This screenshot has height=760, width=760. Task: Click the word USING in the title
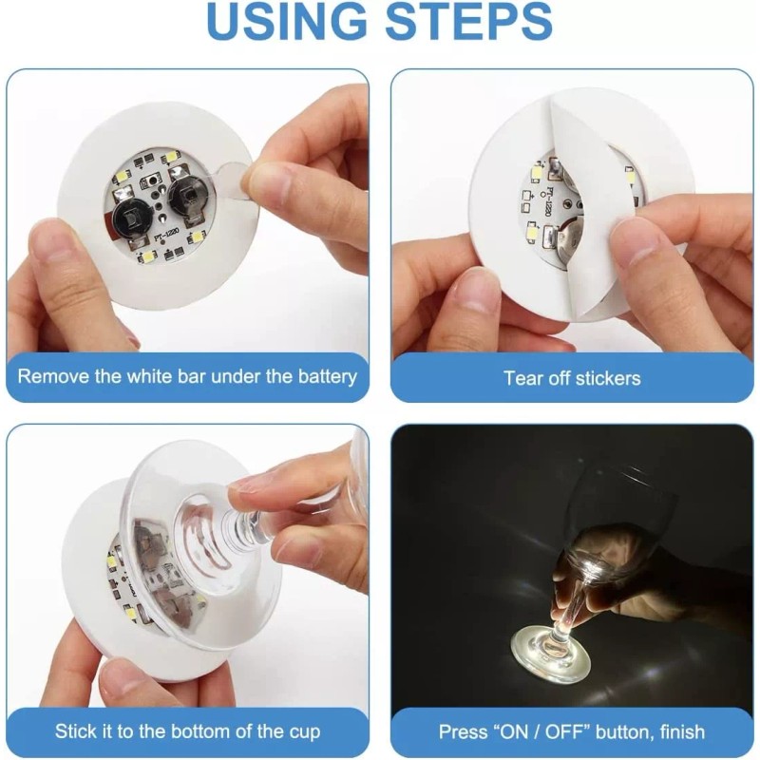[x=286, y=24]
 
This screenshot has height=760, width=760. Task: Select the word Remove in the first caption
[x=50, y=376]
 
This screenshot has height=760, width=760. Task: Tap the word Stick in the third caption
[x=76, y=731]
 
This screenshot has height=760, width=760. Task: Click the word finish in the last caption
[x=675, y=731]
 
